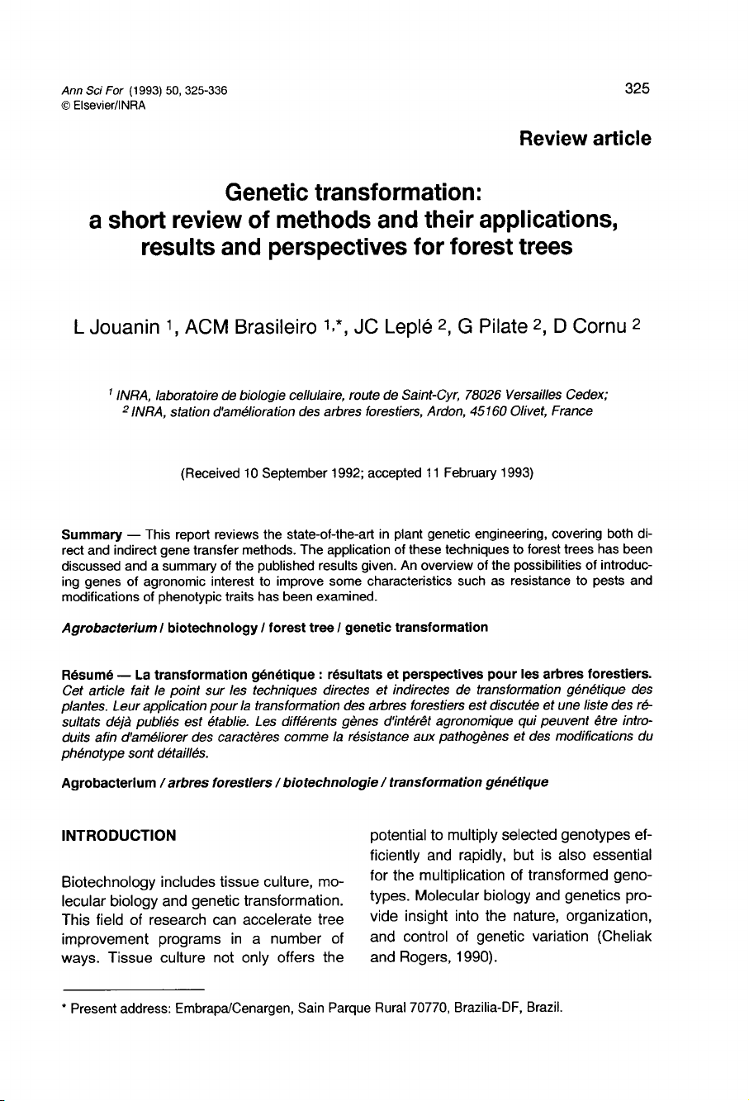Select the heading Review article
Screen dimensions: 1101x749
tap(585, 138)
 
